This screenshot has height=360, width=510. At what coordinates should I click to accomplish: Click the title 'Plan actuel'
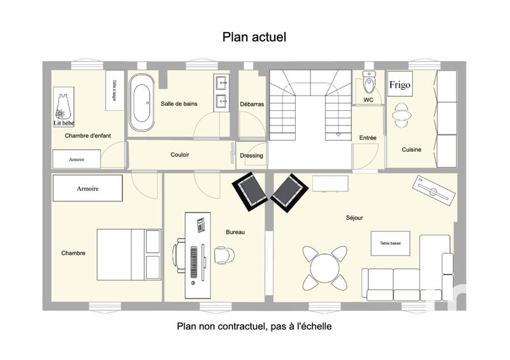[x=254, y=38]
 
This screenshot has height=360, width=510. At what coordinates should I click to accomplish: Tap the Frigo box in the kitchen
[x=400, y=85]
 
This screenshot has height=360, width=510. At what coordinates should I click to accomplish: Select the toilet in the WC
[x=368, y=83]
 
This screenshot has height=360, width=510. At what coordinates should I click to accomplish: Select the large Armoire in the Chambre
[x=87, y=189]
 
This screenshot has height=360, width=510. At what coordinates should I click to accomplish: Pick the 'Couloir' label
[x=180, y=155]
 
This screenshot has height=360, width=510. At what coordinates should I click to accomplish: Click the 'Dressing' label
[x=251, y=155]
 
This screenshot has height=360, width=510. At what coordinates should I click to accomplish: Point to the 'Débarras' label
[x=252, y=104]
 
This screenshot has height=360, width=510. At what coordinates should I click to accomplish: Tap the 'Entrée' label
[x=367, y=138]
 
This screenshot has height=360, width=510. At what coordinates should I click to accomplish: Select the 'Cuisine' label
[x=411, y=150]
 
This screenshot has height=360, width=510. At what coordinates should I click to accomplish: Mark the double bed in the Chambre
[x=128, y=253]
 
